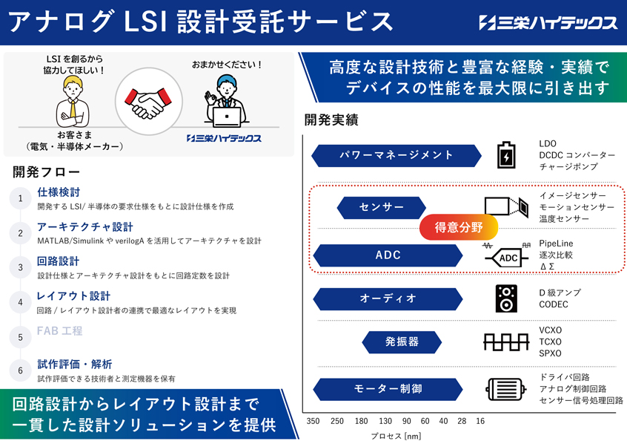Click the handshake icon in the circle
(x=148, y=103)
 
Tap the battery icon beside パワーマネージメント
(x=506, y=154)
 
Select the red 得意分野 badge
(x=459, y=227)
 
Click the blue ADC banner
(x=388, y=255)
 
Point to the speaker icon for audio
(x=506, y=298)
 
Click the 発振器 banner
(x=402, y=342)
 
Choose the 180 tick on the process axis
(x=361, y=421)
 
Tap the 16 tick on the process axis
(x=480, y=421)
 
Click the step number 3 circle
(x=21, y=268)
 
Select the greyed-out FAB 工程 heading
(x=59, y=330)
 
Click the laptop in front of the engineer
(x=227, y=117)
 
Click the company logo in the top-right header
(x=548, y=22)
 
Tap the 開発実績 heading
(x=331, y=120)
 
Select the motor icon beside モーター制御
(x=506, y=389)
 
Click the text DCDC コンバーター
(x=577, y=155)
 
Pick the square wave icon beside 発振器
(x=506, y=342)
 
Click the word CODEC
(x=554, y=304)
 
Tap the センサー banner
(x=381, y=208)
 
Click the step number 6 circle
(x=21, y=370)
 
